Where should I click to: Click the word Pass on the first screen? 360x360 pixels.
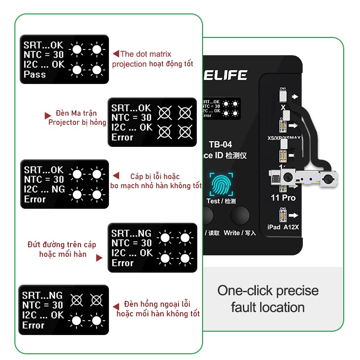(x=35, y=74)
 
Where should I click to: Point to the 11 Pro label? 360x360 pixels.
(x=283, y=197)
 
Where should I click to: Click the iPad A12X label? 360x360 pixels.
(x=283, y=227)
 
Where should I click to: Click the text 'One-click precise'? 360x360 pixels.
(x=268, y=290)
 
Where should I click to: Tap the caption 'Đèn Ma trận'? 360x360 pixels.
(x=76, y=113)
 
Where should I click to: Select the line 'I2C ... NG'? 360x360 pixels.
(x=44, y=189)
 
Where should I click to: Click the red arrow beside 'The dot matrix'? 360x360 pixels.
(x=115, y=54)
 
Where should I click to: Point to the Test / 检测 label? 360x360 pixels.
(x=220, y=201)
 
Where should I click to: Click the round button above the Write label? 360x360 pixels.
(x=240, y=216)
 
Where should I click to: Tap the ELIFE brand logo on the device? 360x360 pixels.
(x=226, y=75)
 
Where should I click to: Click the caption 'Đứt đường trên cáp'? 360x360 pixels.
(x=61, y=244)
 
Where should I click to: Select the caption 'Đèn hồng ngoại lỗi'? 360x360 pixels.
(x=157, y=304)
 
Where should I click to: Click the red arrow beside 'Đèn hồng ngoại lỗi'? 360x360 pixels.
(x=116, y=306)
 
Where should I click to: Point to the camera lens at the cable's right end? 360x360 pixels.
(x=329, y=181)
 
